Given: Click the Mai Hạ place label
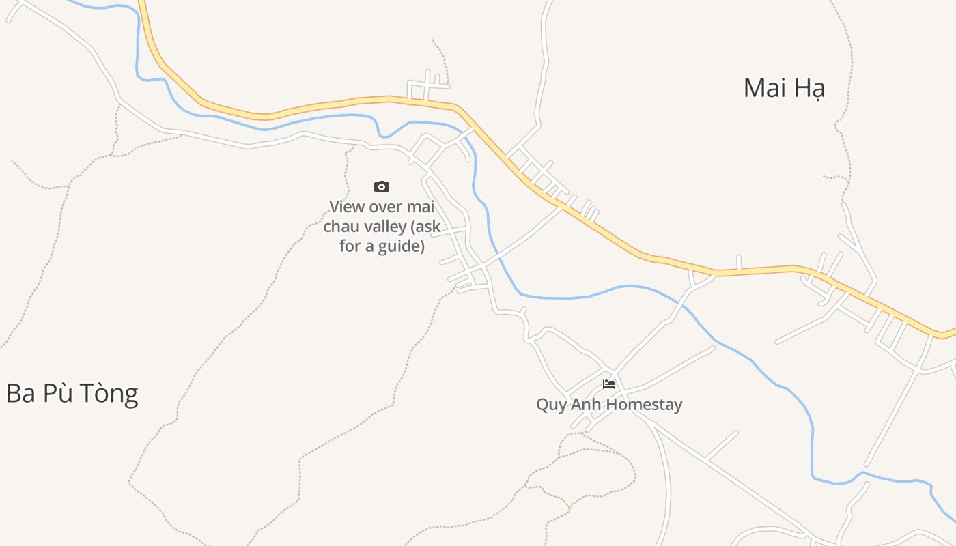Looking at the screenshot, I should pyautogui.click(x=784, y=88).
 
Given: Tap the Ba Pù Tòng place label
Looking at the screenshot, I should pyautogui.click(x=72, y=394).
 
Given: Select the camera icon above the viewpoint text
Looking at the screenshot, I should pyautogui.click(x=382, y=186).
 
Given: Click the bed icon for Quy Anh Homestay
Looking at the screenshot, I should pyautogui.click(x=609, y=384).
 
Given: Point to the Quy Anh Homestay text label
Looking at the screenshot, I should pyautogui.click(x=609, y=404).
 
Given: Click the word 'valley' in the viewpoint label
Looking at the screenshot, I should pyautogui.click(x=383, y=227).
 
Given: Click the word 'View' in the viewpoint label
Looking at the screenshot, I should pyautogui.click(x=346, y=206).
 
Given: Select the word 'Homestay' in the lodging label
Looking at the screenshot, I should pyautogui.click(x=644, y=404).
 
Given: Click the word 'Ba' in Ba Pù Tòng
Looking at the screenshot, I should pyautogui.click(x=20, y=394).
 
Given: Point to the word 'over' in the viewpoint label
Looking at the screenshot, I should pyautogui.click(x=385, y=206).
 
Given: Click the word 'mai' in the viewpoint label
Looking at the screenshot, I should pyautogui.click(x=421, y=206).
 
